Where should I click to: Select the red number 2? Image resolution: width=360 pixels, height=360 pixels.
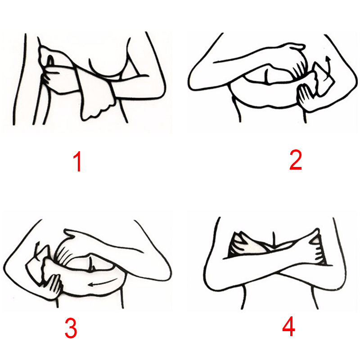(296, 160)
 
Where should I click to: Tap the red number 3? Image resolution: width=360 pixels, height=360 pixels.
(71, 328)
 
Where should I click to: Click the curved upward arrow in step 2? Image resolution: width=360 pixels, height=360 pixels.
(329, 67)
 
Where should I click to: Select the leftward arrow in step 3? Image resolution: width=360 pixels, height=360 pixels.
(103, 283)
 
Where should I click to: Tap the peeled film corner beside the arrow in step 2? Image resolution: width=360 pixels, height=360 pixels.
(324, 78)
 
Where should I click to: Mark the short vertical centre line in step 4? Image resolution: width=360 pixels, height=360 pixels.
(274, 239)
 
